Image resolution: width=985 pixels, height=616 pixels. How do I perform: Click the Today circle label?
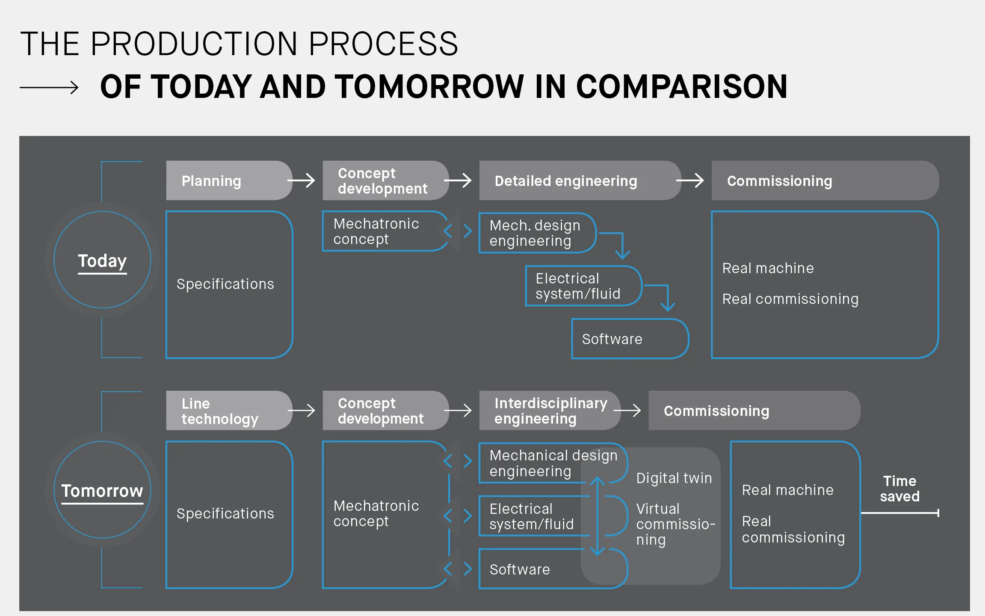point(102,261)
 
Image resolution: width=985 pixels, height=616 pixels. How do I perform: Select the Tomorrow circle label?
point(102,491)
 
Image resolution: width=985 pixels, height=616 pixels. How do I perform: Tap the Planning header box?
point(229,180)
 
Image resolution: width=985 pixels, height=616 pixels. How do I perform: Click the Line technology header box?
point(229,410)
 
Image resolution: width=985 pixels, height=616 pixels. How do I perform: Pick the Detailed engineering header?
point(580,180)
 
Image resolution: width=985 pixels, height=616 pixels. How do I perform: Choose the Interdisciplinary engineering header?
point(550,410)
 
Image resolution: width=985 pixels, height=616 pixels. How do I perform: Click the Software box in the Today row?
point(630,339)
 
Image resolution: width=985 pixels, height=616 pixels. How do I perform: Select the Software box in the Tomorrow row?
point(553,569)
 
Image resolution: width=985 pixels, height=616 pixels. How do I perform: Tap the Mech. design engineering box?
point(538,233)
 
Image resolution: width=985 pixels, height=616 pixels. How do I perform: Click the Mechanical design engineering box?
point(553,463)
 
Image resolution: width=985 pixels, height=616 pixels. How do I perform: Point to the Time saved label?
point(899,489)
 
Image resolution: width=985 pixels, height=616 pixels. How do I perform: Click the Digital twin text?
point(674,478)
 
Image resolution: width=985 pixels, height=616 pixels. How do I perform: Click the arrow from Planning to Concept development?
point(301,180)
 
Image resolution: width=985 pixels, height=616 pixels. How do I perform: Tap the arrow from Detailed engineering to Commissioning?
point(690,180)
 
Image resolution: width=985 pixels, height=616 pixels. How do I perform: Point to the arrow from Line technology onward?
point(301,410)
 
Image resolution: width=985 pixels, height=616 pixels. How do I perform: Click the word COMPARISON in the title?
point(682,87)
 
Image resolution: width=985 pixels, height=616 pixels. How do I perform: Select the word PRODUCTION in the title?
point(194,44)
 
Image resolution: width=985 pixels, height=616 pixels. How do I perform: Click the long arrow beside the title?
point(49,87)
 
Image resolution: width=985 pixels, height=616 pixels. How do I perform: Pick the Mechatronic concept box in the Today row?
point(385,231)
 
